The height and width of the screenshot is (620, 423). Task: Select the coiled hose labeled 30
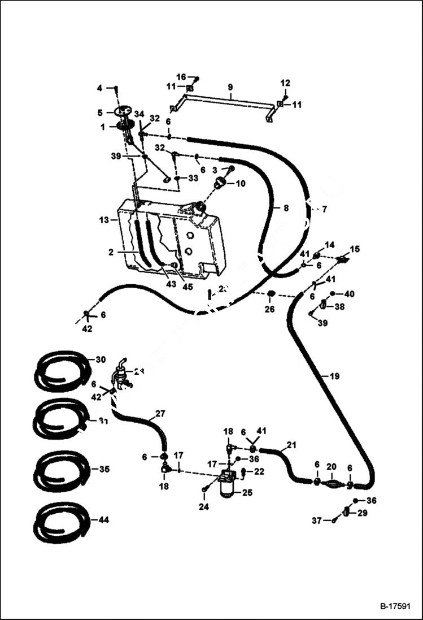(x=62, y=370)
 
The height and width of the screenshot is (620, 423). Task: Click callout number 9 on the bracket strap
(x=230, y=88)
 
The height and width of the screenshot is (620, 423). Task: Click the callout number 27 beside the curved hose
(x=160, y=414)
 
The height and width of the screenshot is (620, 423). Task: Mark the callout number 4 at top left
(x=99, y=88)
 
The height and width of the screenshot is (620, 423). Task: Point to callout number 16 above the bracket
(x=181, y=77)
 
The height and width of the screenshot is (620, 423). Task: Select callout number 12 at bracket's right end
(x=285, y=83)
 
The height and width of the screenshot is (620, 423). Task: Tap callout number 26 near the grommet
(x=270, y=309)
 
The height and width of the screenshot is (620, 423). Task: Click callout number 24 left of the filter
(x=203, y=507)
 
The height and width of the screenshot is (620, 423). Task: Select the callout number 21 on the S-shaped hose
(x=291, y=445)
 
